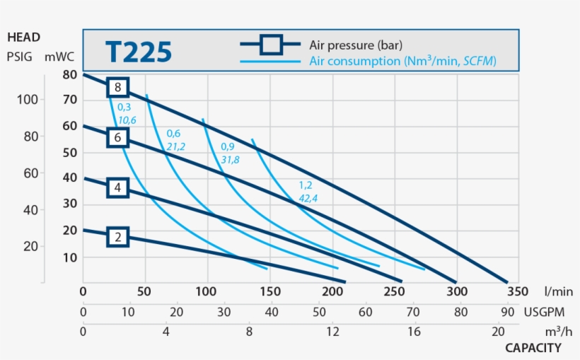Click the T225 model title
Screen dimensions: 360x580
click(139, 52)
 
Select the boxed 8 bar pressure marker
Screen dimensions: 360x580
click(118, 87)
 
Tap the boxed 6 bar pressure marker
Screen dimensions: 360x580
click(118, 137)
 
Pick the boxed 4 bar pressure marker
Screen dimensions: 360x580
click(118, 187)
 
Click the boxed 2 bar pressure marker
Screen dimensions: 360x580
click(118, 237)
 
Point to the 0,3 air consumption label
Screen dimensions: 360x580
click(124, 108)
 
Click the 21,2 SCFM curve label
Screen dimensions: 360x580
click(175, 146)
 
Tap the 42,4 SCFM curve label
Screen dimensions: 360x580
click(308, 198)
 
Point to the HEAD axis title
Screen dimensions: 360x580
click(23, 37)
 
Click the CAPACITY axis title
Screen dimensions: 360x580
click(533, 347)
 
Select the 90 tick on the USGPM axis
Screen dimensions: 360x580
click(508, 311)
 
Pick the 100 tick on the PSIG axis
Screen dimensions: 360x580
click(27, 100)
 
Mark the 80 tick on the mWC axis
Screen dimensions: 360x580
click(69, 74)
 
